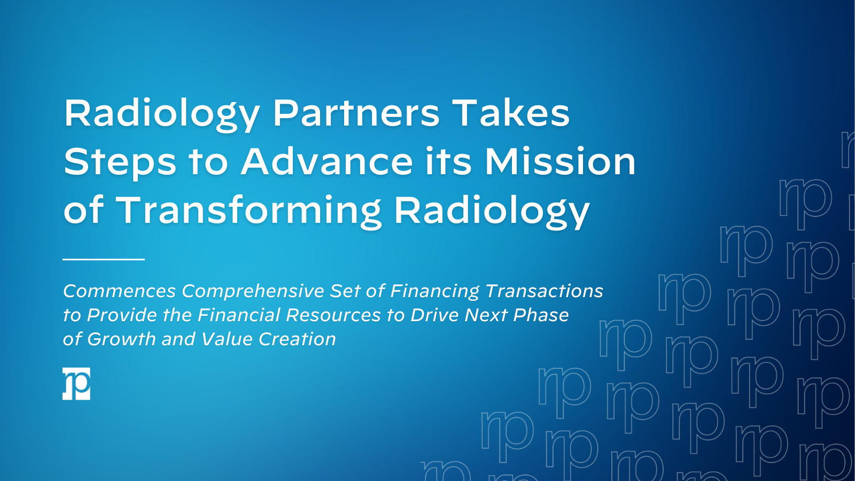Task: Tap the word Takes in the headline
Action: click(511, 113)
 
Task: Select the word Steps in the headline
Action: click(120, 162)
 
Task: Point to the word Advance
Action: click(327, 161)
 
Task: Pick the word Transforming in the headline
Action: click(249, 210)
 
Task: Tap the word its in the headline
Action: click(448, 161)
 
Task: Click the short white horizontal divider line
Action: click(104, 259)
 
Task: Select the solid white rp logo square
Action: click(76, 384)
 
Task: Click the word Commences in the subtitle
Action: click(119, 291)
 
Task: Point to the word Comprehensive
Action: click(253, 291)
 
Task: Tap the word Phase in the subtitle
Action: click(541, 315)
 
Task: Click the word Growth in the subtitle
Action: click(121, 339)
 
